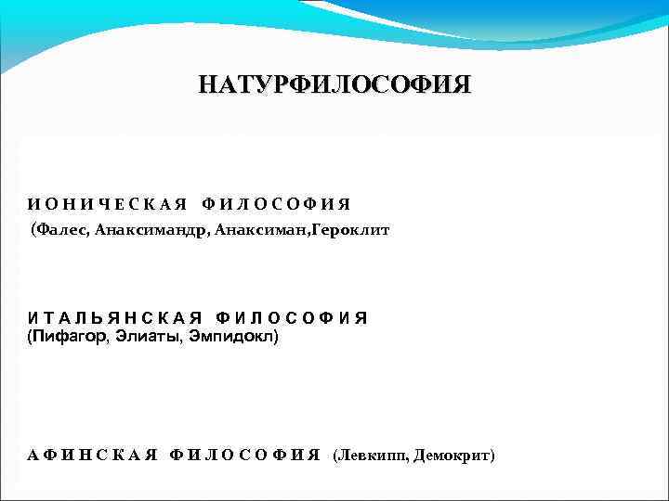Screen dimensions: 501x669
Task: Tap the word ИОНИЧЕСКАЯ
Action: [107, 204]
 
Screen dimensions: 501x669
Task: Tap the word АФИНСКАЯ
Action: [93, 456]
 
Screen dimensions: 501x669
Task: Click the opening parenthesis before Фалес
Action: [34, 228]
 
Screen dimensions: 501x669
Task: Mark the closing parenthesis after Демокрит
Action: [492, 456]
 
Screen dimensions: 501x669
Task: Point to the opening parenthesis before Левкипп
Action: [335, 456]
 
